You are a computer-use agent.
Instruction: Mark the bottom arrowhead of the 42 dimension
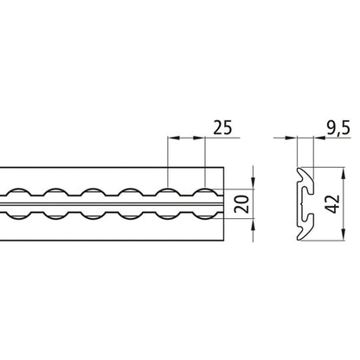point(346,241)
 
